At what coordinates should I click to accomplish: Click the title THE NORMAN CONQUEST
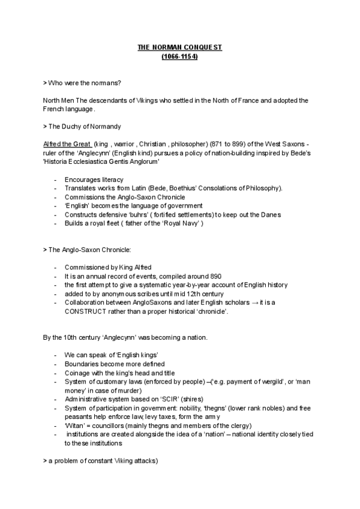[x=180, y=47]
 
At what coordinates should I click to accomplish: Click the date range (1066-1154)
[x=180, y=56]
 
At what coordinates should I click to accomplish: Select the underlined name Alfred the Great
[x=67, y=143]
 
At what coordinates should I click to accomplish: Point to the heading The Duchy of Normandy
[x=84, y=126]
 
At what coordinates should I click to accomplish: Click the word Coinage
[x=77, y=373]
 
